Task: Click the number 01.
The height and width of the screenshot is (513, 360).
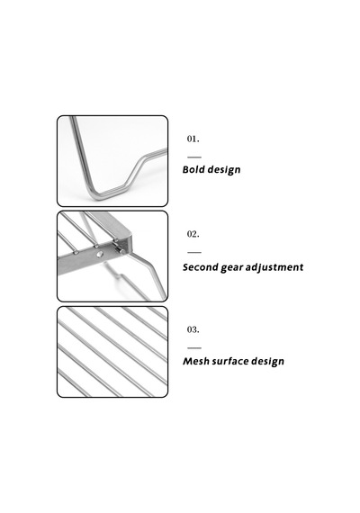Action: [193, 139]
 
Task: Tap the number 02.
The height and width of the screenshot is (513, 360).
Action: [193, 234]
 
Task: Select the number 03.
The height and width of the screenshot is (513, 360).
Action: [193, 329]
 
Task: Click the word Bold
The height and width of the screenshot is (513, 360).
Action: [193, 169]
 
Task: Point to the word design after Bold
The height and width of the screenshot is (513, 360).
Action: [224, 170]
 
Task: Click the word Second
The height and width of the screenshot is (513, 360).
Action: [201, 267]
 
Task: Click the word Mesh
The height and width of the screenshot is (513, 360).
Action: [195, 361]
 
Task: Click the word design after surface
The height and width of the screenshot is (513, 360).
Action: [268, 362]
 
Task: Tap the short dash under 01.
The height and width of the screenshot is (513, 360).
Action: [194, 157]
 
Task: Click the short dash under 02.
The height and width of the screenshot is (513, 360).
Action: [194, 253]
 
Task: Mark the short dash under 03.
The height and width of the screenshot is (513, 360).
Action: [194, 348]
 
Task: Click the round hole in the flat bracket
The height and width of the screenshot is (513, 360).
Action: [100, 254]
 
